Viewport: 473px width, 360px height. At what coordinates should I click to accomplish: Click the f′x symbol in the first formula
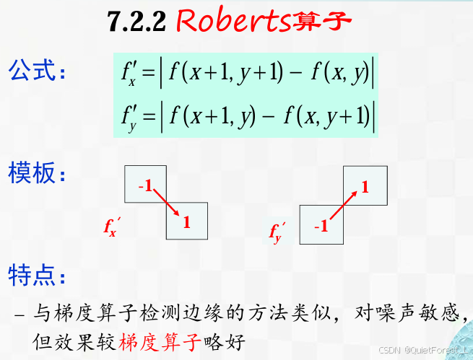pyautogui.click(x=129, y=73)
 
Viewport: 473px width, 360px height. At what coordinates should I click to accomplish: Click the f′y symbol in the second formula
pyautogui.click(x=129, y=115)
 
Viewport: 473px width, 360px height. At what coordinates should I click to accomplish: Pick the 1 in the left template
pyautogui.click(x=186, y=223)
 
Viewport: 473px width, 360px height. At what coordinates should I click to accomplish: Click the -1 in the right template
pyautogui.click(x=321, y=227)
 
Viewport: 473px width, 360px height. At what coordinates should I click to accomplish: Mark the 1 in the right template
pyautogui.click(x=365, y=188)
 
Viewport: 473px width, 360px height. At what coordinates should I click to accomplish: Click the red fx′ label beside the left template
pyautogui.click(x=110, y=229)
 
